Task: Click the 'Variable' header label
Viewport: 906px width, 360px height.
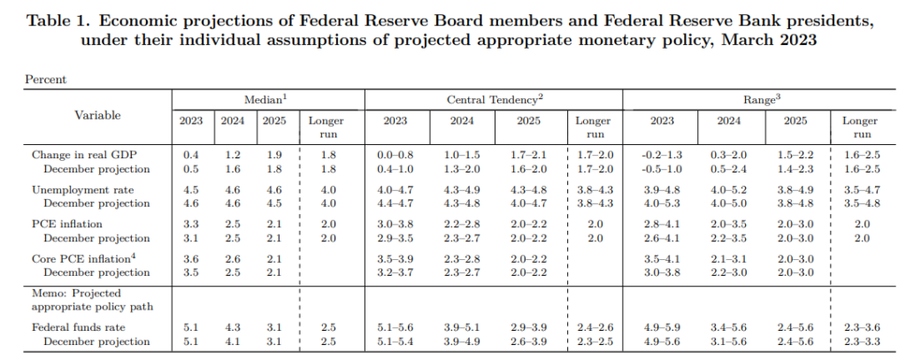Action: pos(98,115)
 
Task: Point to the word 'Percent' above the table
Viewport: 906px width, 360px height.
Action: pos(44,79)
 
